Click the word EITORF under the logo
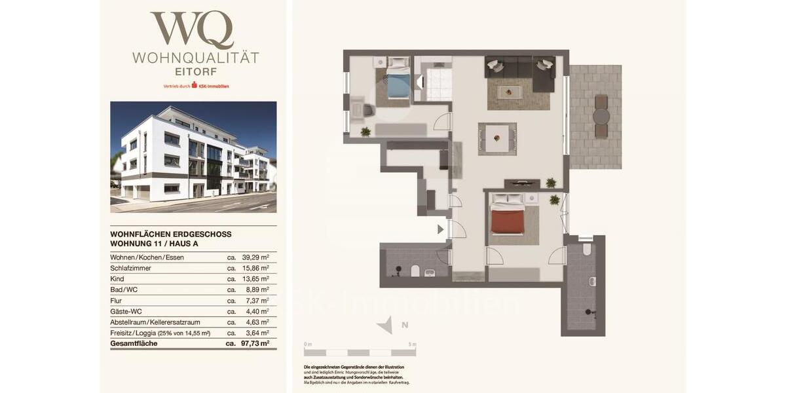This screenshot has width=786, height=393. click(x=195, y=71)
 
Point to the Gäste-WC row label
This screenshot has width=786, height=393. click(x=126, y=311)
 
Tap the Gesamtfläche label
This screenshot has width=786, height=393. click(x=134, y=343)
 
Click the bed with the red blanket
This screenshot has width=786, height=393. click(x=508, y=217)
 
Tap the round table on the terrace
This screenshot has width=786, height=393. click(x=601, y=117)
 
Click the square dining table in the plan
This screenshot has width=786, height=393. click(x=497, y=138)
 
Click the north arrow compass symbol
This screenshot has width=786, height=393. click(x=388, y=325)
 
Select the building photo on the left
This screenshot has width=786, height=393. click(x=193, y=157)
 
